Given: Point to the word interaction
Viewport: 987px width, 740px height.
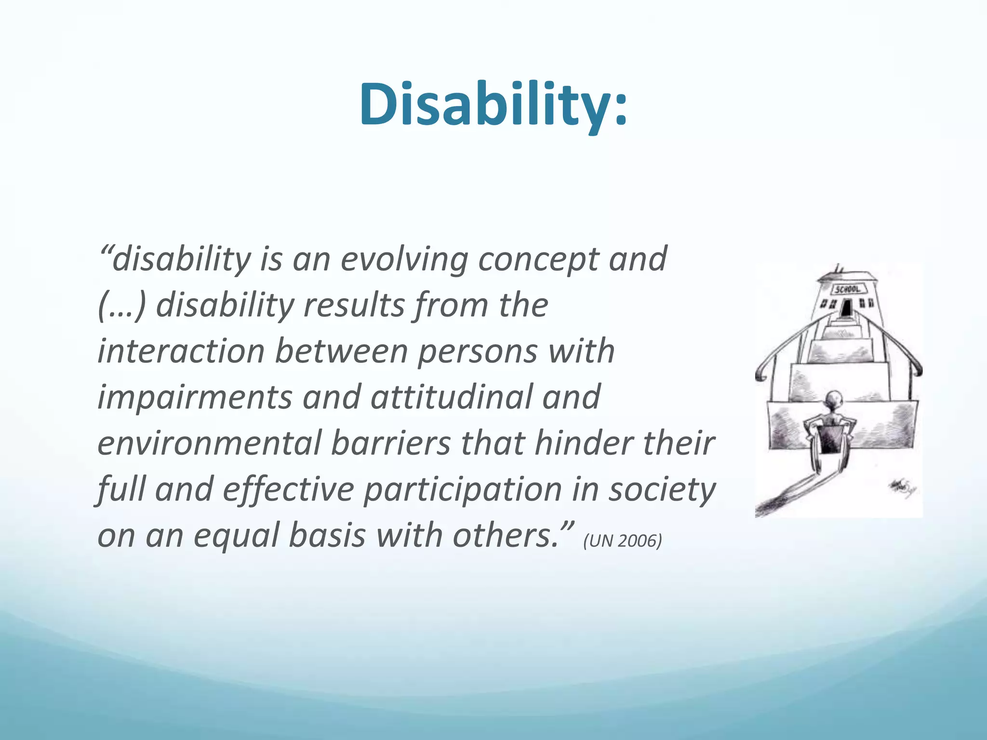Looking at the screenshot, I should coord(181,351).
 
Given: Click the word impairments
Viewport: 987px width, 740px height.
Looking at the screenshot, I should coord(195,398).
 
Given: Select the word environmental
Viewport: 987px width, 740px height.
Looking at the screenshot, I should coord(209,443).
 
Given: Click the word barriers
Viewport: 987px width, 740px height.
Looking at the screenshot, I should coord(390,443).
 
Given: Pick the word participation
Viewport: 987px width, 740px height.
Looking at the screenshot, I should coord(462,490).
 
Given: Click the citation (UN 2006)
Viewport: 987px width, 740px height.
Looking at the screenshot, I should coord(622,541).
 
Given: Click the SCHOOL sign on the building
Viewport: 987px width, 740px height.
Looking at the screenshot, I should coord(849,289).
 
